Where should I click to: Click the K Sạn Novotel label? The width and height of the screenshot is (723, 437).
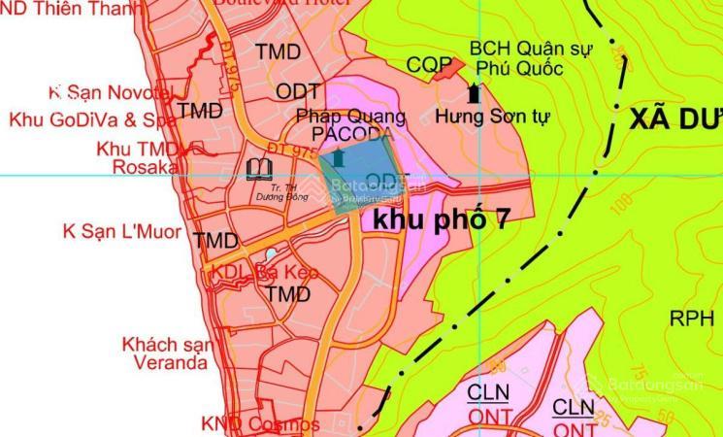click(x=109, y=92)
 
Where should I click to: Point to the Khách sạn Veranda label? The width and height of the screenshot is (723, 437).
click(x=165, y=353)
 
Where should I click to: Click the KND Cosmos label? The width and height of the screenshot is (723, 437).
click(x=260, y=424)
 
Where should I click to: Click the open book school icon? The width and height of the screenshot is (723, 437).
click(x=259, y=171)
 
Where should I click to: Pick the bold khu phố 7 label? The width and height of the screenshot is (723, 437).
click(x=441, y=219)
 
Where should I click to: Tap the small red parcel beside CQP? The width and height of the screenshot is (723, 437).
click(x=448, y=67)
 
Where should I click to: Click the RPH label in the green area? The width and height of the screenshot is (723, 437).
click(x=692, y=318)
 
